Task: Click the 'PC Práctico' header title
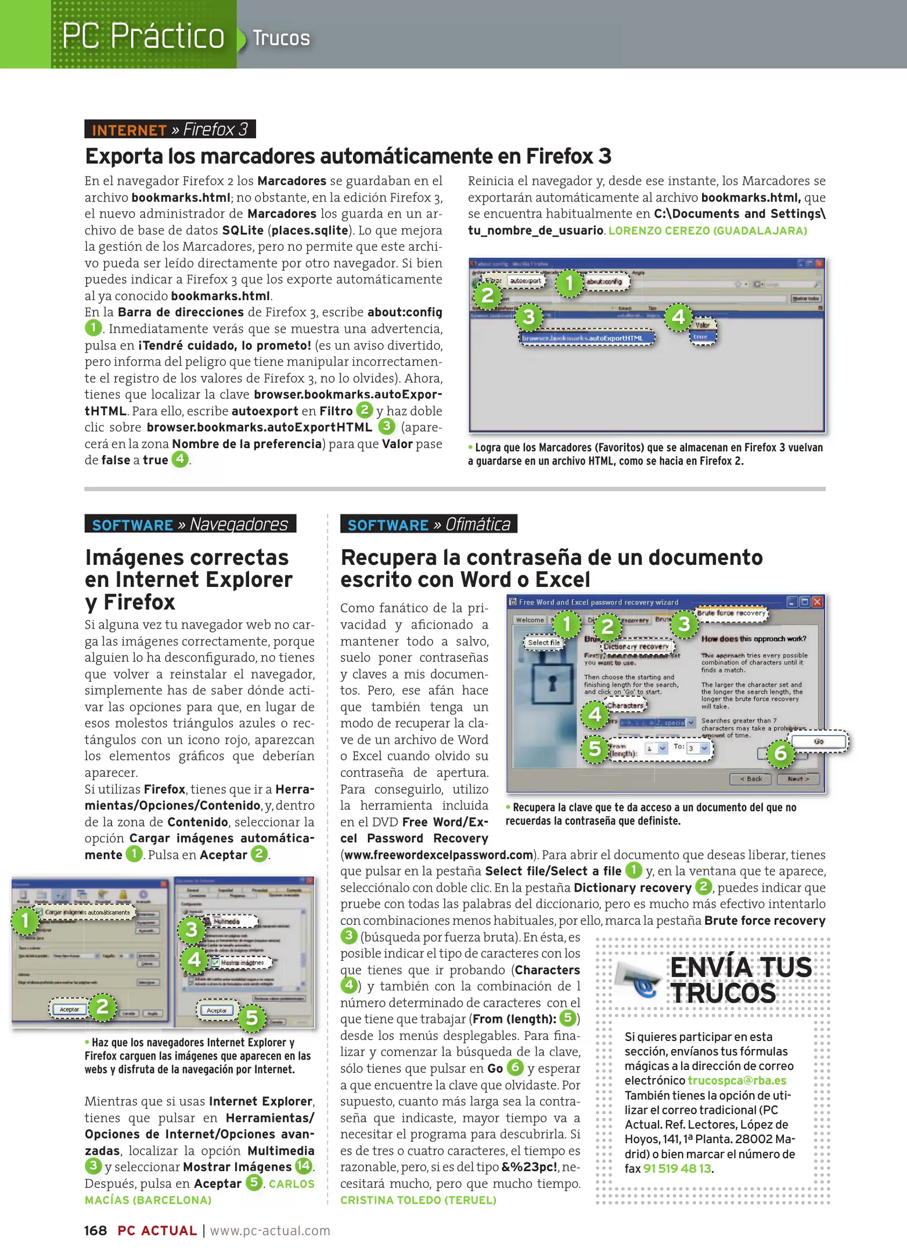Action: pyautogui.click(x=143, y=36)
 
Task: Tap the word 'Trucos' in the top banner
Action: pyautogui.click(x=281, y=38)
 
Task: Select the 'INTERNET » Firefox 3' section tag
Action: pyautogui.click(x=170, y=129)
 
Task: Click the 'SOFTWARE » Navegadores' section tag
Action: pyautogui.click(x=190, y=524)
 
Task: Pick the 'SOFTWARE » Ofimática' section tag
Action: pyautogui.click(x=429, y=524)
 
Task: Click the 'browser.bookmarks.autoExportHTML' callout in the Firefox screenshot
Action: pyautogui.click(x=586, y=338)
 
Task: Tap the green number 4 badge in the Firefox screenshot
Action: pyautogui.click(x=678, y=318)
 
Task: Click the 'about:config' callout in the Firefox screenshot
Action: pyautogui.click(x=605, y=282)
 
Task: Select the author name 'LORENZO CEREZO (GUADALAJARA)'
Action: pyautogui.click(x=707, y=230)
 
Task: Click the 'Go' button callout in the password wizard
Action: pyautogui.click(x=819, y=741)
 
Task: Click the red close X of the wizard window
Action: pyautogui.click(x=817, y=601)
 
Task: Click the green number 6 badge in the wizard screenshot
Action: pyautogui.click(x=780, y=753)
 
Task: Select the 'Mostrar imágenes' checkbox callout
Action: pyautogui.click(x=239, y=963)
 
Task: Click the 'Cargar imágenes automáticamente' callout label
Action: pyautogui.click(x=87, y=912)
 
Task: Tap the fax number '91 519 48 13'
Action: pyautogui.click(x=677, y=1169)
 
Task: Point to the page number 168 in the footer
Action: pyautogui.click(x=96, y=1231)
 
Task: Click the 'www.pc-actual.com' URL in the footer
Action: pyautogui.click(x=270, y=1231)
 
